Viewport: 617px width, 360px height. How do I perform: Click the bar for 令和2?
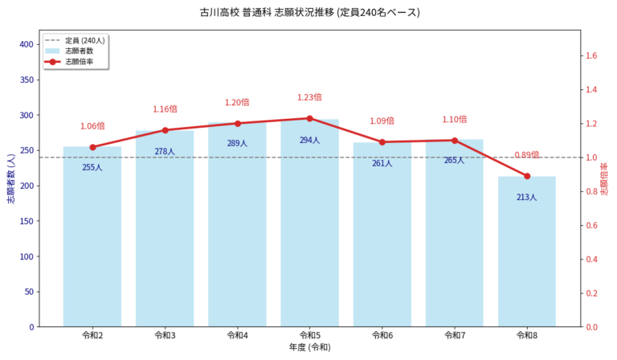click(92, 241)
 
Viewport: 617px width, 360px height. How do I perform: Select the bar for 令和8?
click(527, 257)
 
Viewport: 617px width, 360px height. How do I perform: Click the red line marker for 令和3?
click(165, 130)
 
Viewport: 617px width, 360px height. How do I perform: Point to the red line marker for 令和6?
click(382, 142)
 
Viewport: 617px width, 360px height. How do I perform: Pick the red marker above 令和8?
click(527, 176)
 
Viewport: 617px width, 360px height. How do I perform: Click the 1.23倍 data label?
click(309, 97)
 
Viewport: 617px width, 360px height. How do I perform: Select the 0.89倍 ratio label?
click(527, 155)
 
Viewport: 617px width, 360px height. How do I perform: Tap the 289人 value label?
click(237, 144)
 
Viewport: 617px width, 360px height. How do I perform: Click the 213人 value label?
click(527, 197)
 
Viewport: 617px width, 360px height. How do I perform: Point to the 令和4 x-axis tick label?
click(237, 335)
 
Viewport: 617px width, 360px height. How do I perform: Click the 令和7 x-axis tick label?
click(455, 335)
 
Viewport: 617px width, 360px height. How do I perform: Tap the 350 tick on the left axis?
click(28, 80)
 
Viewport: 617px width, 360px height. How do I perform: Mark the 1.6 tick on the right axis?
click(593, 56)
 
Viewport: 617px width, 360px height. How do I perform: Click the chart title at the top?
click(309, 13)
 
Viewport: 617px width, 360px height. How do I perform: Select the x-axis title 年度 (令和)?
click(309, 347)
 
